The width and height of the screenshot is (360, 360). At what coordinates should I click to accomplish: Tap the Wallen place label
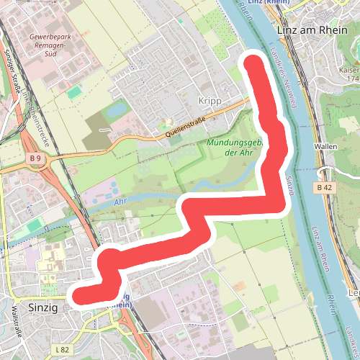tap(326, 146)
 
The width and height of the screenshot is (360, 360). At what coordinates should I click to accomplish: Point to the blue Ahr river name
tap(121, 204)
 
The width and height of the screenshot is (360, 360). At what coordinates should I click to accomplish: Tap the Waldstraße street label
tap(15, 323)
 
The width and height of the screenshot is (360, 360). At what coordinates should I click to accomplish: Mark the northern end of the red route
tap(252, 63)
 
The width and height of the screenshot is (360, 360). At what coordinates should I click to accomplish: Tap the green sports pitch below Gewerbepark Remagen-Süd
tap(74, 92)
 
